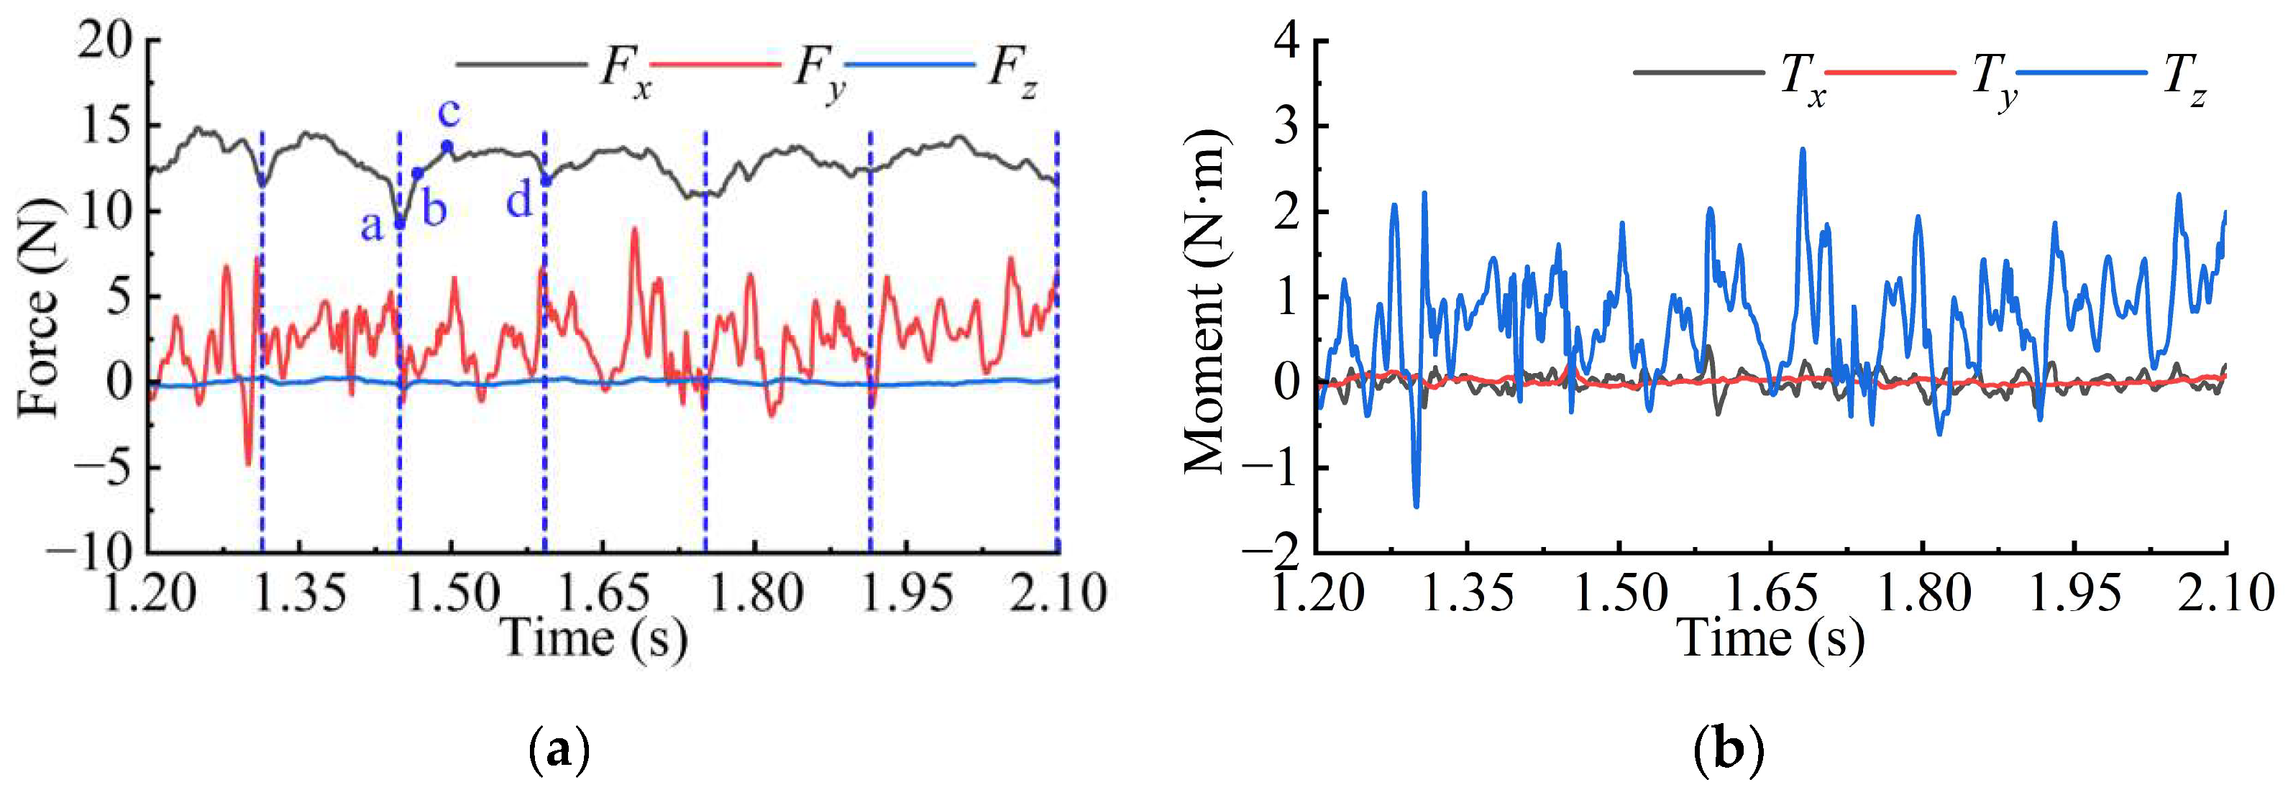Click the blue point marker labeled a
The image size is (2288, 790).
pos(400,223)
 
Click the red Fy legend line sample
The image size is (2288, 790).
pos(715,65)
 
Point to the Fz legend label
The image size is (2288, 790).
pos(1012,72)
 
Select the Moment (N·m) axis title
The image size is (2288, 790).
pos(1205,302)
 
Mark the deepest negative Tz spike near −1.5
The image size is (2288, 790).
pos(1416,506)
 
